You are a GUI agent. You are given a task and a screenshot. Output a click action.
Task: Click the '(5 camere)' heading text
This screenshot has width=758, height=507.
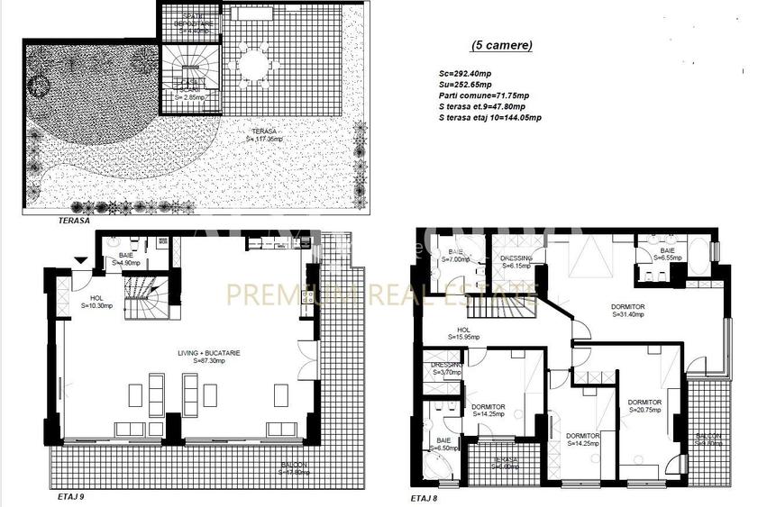502,45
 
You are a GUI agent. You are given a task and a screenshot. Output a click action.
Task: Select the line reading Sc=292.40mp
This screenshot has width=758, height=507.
465,75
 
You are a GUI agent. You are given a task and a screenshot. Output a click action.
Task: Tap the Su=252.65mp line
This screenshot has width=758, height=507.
465,85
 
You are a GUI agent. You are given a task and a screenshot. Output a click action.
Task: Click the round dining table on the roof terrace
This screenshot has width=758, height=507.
254,64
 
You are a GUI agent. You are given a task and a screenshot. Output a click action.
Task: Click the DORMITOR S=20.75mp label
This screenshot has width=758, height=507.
645,405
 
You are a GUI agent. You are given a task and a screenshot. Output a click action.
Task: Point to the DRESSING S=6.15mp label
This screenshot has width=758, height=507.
516,262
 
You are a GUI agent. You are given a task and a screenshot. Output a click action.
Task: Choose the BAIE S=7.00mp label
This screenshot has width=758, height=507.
457,256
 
